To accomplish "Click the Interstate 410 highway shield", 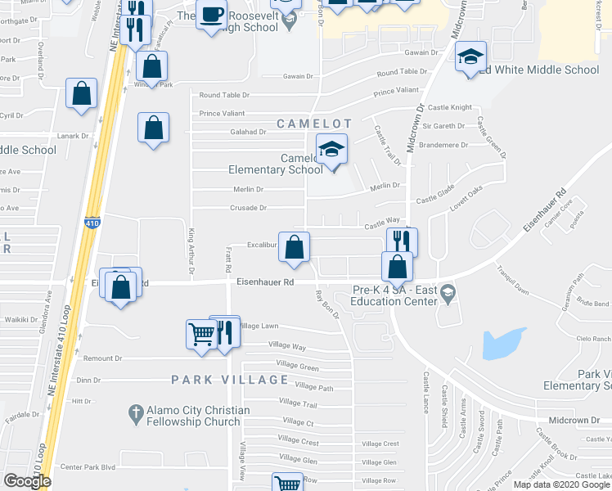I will pos(92,223).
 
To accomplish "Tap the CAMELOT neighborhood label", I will pos(313,124).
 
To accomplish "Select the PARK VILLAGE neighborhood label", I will pos(229,380).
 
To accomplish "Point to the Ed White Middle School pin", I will pos(470,57).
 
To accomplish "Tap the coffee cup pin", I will pos(212,16).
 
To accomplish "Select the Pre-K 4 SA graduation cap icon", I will pos(447,292).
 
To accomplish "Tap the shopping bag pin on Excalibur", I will pos(295,247).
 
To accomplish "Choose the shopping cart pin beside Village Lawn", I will pos(201,334).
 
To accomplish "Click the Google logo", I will pos(27,481).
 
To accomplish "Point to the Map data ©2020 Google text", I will pos(561,484).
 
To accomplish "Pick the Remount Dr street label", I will pos(102,358).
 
